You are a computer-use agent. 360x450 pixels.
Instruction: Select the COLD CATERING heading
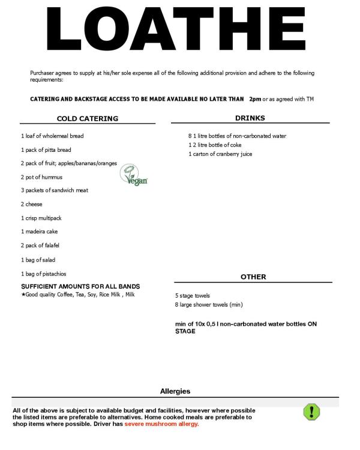pos(87,119)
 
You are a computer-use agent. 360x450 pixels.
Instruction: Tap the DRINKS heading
pos(250,118)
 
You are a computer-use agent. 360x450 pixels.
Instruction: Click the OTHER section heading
pos(253,277)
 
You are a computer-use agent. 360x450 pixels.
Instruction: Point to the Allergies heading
pos(175,391)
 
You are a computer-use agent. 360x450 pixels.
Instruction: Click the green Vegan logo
pos(134,175)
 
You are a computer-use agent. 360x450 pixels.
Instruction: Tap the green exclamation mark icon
pos(311,412)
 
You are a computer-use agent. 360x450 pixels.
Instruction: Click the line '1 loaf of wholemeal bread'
pos(52,136)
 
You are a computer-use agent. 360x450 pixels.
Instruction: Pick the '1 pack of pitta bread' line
pos(46,149)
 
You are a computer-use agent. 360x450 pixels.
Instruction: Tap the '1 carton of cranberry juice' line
pos(220,154)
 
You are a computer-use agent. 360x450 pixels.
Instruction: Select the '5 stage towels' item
pos(193,296)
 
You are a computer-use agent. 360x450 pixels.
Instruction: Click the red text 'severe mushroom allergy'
pos(161,424)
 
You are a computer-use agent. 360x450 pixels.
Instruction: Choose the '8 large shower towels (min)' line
pos(208,305)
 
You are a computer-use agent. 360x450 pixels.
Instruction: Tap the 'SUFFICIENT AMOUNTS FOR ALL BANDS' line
pos(80,286)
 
